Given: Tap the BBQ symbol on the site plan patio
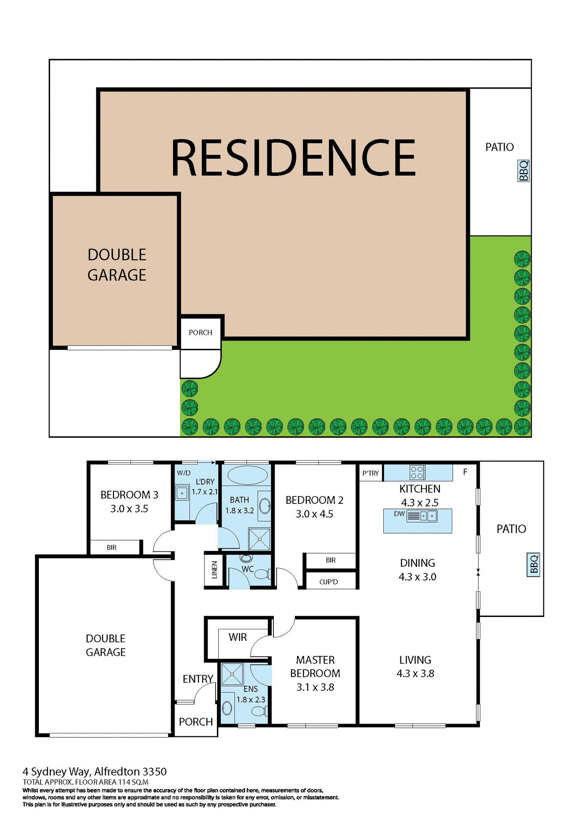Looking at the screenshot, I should coord(524,171).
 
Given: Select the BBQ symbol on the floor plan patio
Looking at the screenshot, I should coord(534,564).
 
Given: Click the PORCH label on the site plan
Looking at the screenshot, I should coord(200,333).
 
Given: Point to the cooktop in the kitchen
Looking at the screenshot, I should coord(418,472).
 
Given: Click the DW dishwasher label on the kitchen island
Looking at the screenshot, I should coord(399,514).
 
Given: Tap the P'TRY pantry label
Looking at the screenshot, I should coord(371,473).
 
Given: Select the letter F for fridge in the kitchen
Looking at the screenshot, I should coord(465,472).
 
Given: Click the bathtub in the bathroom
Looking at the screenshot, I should coord(248,475).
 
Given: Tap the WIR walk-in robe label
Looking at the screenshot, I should coord(237,637).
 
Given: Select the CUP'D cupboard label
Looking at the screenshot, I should coord(329,582).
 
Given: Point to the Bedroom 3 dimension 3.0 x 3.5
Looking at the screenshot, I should coord(129,509).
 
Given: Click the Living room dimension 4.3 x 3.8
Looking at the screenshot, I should coord(415,673).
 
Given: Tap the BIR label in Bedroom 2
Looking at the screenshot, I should coord(330,560).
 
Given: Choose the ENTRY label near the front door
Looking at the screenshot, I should coord(198,679).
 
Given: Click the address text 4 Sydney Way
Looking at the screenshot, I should coord(56,772).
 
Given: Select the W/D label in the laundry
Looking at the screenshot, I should coord(184,473).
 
